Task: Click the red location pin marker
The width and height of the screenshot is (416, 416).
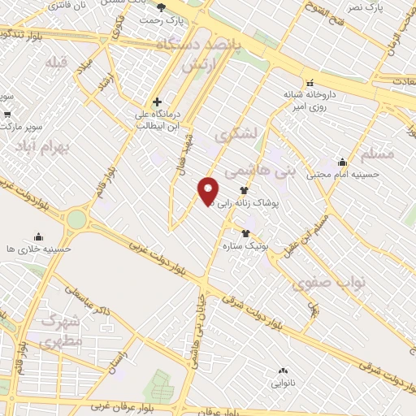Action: click(208, 190)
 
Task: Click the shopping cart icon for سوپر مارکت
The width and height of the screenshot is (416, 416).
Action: click(7, 114)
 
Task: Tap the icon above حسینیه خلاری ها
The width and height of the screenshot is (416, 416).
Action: click(37, 236)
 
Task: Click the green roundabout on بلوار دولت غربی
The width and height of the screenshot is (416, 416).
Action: click(76, 219)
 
